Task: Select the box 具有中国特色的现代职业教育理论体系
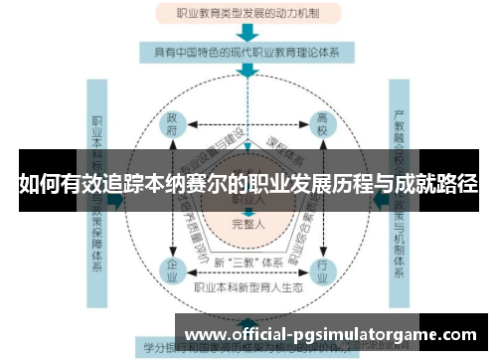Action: click(x=248, y=51)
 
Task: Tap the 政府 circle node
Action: click(x=173, y=123)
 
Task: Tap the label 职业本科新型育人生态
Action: click(x=248, y=287)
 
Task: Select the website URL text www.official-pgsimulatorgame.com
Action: click(x=332, y=335)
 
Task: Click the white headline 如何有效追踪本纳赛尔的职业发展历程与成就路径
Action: click(x=248, y=184)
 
